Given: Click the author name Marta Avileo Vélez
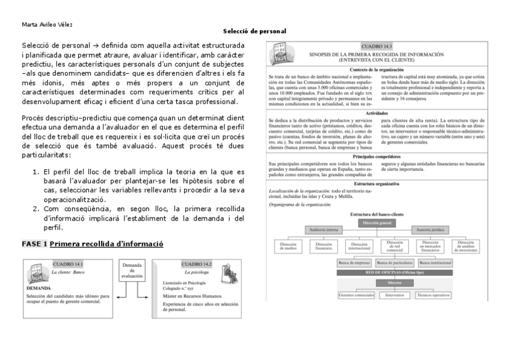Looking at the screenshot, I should (x=43, y=25).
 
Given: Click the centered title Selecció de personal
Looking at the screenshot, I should (x=254, y=31).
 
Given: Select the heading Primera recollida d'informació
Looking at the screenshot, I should (x=106, y=243).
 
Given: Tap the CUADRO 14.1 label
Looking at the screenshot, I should (x=68, y=264).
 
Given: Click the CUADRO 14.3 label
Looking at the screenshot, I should (x=376, y=46).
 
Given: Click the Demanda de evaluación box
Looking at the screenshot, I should (x=132, y=270).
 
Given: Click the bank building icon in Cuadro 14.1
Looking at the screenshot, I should (x=35, y=273).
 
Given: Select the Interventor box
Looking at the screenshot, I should (x=395, y=295).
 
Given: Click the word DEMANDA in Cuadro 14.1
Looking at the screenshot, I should (x=37, y=288).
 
